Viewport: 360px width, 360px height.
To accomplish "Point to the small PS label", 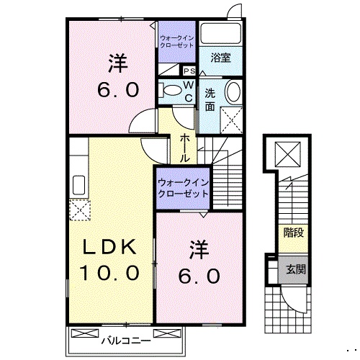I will (x=190, y=71).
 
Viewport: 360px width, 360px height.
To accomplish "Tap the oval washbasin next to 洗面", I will (x=234, y=92).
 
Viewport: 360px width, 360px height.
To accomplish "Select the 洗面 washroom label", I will (x=210, y=99).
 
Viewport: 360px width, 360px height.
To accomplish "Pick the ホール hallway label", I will (x=185, y=146).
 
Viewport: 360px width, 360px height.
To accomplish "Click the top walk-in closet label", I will (x=177, y=40).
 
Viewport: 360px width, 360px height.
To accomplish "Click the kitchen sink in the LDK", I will (x=78, y=184).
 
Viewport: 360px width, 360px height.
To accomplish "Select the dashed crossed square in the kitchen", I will (x=78, y=210).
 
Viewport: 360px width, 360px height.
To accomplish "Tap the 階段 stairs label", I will (x=293, y=233).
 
